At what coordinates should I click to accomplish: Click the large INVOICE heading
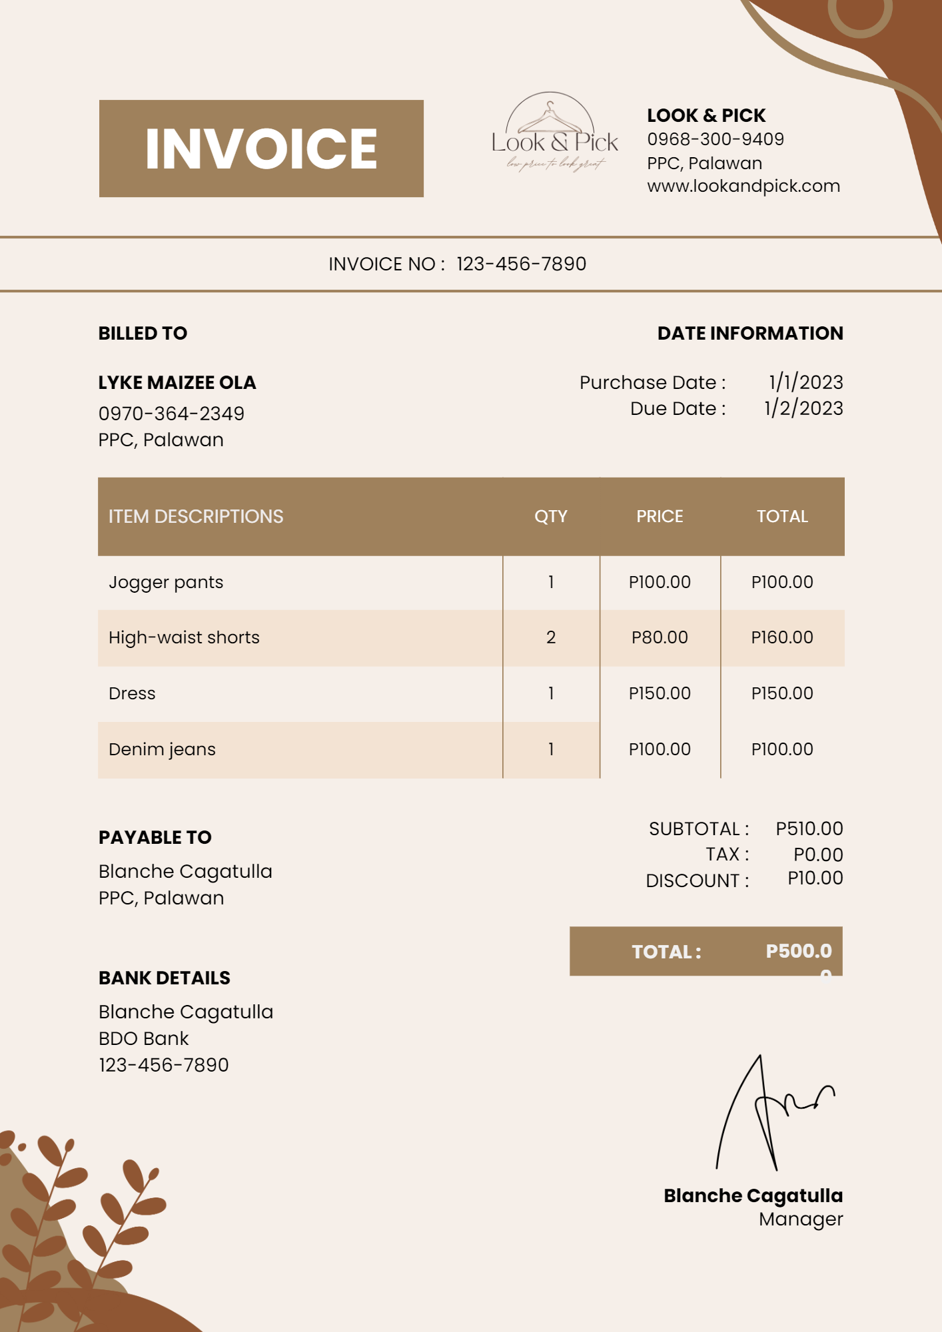[261, 149]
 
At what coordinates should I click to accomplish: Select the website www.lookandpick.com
[743, 186]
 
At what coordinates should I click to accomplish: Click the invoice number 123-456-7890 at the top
[521, 264]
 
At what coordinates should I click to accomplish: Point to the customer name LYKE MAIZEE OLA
[177, 382]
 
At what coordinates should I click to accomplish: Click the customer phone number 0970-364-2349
[171, 414]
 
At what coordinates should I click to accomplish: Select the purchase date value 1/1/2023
[805, 382]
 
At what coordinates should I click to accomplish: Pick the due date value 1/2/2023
[803, 408]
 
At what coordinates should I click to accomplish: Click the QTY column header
[551, 516]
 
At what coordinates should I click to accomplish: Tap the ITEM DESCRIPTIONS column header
[196, 516]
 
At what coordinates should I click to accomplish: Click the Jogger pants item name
[166, 582]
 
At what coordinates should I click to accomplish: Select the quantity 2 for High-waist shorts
[551, 637]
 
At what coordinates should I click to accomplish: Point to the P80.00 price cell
[660, 637]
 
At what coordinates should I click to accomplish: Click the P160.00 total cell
[782, 637]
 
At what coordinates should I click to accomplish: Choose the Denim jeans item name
[162, 749]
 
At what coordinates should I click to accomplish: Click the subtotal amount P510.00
[809, 829]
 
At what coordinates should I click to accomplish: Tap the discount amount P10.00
[815, 878]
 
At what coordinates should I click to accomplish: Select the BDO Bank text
[144, 1038]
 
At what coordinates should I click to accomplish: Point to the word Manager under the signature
[801, 1219]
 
